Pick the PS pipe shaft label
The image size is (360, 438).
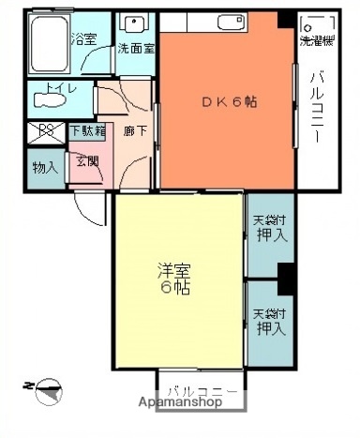pyautogui.click(x=43, y=131)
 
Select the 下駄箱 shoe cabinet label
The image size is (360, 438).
pyautogui.click(x=86, y=132)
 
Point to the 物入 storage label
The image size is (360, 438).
pyautogui.click(x=44, y=168)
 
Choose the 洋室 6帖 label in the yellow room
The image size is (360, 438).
pyautogui.click(x=172, y=279)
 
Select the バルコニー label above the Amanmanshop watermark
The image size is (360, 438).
pyautogui.click(x=195, y=386)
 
